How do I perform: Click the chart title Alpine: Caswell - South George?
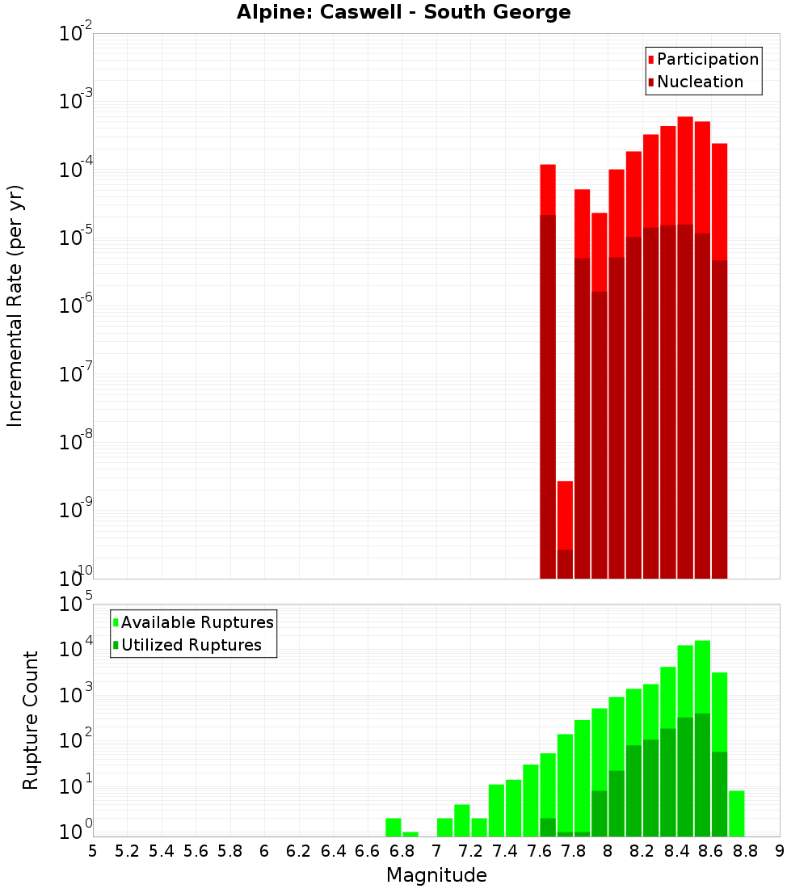(403, 13)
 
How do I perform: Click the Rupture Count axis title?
(31, 719)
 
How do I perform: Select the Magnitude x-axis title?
(436, 875)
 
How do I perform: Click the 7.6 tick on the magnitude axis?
(539, 851)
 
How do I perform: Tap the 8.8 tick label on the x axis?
(745, 851)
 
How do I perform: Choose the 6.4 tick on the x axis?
(333, 851)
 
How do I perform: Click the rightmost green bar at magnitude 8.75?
(736, 813)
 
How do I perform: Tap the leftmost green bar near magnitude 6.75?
(393, 827)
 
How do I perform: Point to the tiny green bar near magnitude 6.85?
(410, 834)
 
